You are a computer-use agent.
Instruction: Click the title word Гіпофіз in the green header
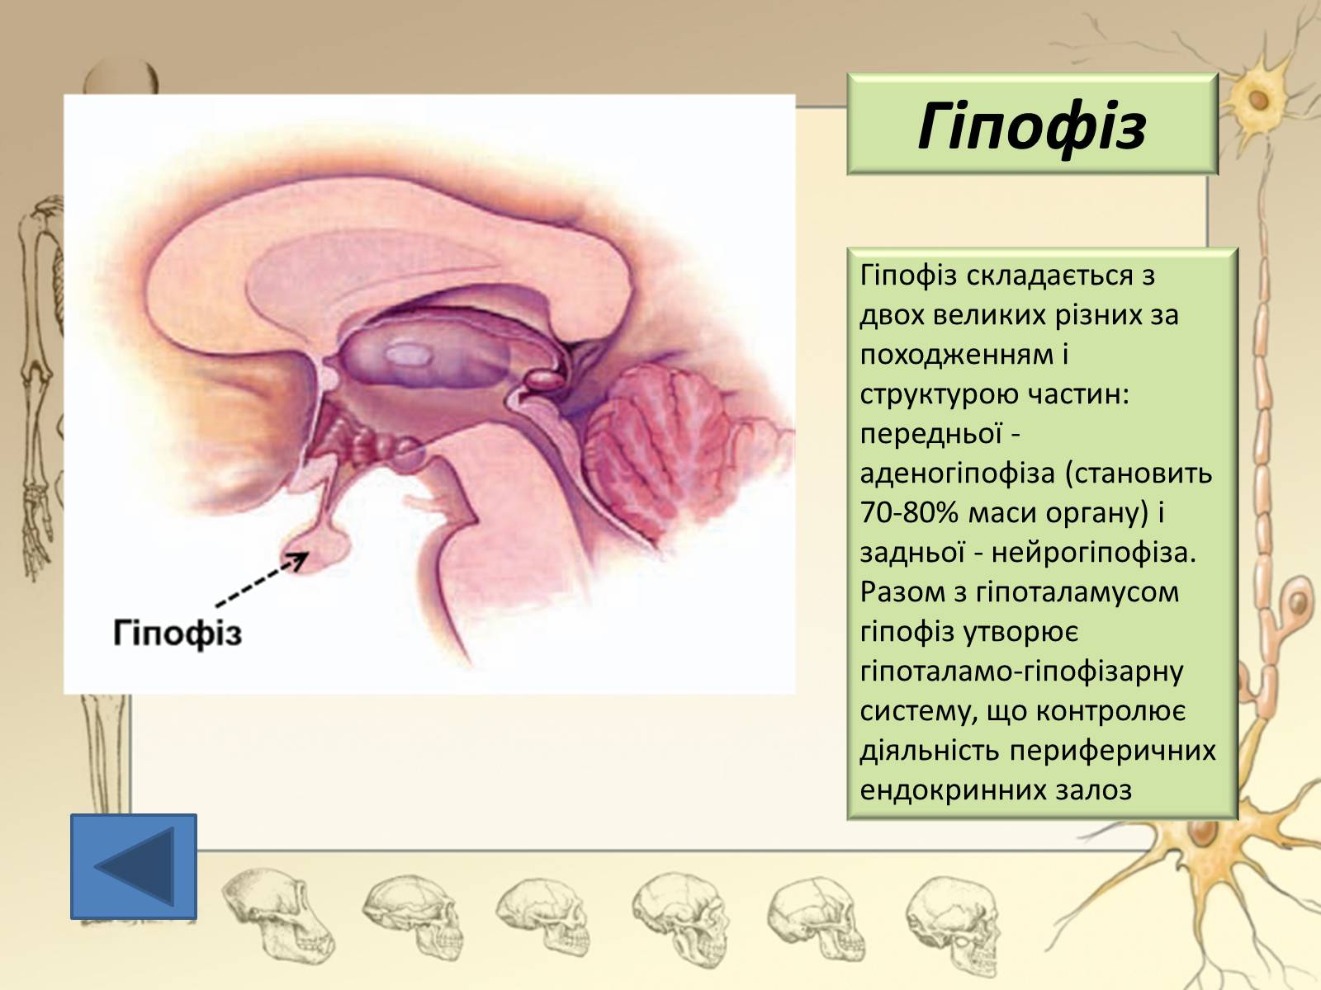coord(1031,127)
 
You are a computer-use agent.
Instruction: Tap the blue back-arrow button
coord(134,867)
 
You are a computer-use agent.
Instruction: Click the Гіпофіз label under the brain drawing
coord(178,633)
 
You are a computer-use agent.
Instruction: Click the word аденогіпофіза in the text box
coord(958,474)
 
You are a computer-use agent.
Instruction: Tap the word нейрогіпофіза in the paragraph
coord(1093,553)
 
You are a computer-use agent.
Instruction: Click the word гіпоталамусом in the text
coord(1077,592)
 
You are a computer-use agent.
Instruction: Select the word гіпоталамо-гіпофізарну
coord(1022,672)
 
